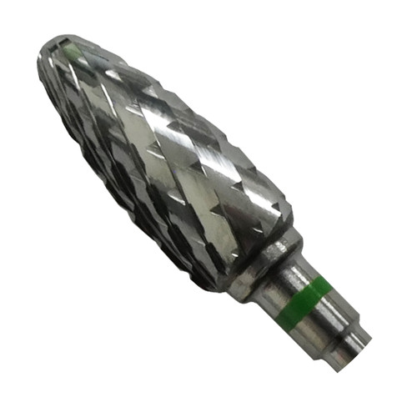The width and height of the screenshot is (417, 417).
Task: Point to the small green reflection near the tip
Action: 77,51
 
